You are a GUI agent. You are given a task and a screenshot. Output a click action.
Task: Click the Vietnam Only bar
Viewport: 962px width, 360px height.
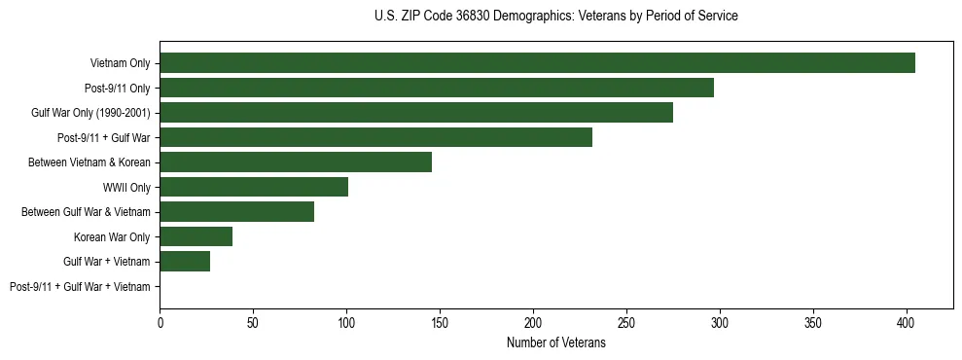[x=537, y=63]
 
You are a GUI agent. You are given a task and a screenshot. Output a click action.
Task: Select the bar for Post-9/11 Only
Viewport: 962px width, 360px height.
[x=437, y=88]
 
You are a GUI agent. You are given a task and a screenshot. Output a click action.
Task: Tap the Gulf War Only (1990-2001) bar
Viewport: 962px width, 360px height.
[x=416, y=113]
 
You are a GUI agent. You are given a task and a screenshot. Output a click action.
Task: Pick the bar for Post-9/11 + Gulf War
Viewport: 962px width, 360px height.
[x=375, y=137]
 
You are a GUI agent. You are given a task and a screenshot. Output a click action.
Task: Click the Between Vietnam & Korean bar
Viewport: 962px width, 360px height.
[x=296, y=162]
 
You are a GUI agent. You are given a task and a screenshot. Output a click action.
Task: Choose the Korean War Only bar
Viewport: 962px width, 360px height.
[x=196, y=236]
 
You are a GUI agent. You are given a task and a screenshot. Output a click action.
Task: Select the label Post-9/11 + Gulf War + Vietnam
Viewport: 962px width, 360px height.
[x=80, y=287]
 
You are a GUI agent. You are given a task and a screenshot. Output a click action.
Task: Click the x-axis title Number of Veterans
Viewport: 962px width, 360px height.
[x=555, y=342]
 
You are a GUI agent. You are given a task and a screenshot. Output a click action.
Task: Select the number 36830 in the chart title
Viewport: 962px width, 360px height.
[x=473, y=17]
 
